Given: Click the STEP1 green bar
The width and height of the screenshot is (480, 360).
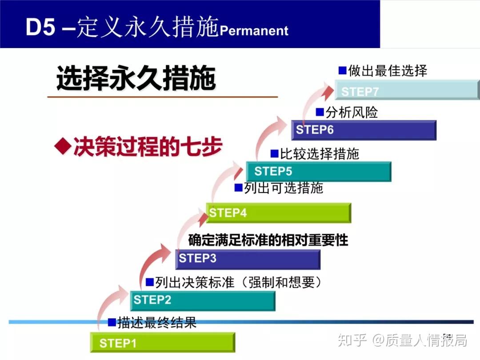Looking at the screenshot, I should pos(162,343).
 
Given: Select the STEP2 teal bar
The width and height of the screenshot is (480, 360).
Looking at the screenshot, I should pos(203,300).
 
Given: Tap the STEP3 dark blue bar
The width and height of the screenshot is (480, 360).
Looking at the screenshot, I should pos(248,259).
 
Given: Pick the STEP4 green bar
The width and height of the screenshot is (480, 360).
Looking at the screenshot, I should pos(279,213).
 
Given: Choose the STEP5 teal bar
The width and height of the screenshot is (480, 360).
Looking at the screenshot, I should pos(319,172).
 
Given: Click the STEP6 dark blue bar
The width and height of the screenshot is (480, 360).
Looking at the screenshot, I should pos(364,130).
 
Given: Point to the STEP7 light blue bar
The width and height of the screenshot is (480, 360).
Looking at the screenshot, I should pos(407,90).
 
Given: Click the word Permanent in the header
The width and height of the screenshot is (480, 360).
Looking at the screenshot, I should pos(254,31).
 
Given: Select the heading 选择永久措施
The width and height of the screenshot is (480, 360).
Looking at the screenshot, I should pos(136,79).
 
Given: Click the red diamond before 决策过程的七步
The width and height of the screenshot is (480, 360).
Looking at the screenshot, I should pos(63,146).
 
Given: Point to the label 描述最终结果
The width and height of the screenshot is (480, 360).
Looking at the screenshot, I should pos(156,322).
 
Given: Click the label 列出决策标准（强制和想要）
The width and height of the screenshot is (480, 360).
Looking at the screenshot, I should pos(238,282).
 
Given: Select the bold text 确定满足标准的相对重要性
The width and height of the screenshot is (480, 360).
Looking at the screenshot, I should pos(268,240).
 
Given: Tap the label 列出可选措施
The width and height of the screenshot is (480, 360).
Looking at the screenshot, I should pos(283,188).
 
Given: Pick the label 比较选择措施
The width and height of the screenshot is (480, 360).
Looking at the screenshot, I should pos(319,154).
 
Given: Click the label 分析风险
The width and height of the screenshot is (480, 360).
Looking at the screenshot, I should pos(352,112).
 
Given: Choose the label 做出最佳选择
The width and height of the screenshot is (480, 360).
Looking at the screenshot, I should pos(387,70).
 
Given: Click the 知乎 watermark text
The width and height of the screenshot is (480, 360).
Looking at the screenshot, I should pos(352,340).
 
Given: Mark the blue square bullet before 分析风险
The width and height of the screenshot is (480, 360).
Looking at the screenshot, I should pos(320,112).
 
